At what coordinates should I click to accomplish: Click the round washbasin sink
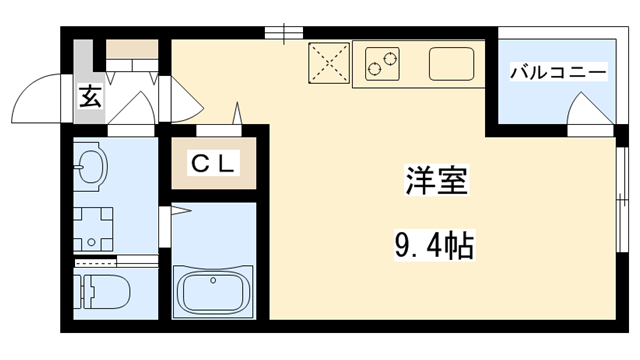pyautogui.click(x=90, y=169)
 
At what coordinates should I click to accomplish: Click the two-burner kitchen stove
pyautogui.click(x=380, y=62)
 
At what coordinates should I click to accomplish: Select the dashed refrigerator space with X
pyautogui.click(x=329, y=62)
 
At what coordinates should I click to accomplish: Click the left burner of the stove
pyautogui.click(x=374, y=68)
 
